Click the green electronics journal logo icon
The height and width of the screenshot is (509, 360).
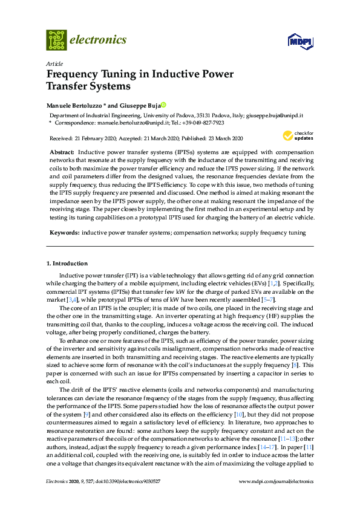pyautogui.click(x=56, y=40)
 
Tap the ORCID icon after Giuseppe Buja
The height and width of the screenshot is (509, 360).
pyautogui.click(x=163, y=104)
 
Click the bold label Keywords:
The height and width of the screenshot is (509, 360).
pyautogui.click(x=64, y=232)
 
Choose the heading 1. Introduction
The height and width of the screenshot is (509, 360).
pyautogui.click(x=67, y=264)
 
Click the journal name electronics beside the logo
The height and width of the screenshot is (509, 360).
pyautogui.click(x=99, y=40)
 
